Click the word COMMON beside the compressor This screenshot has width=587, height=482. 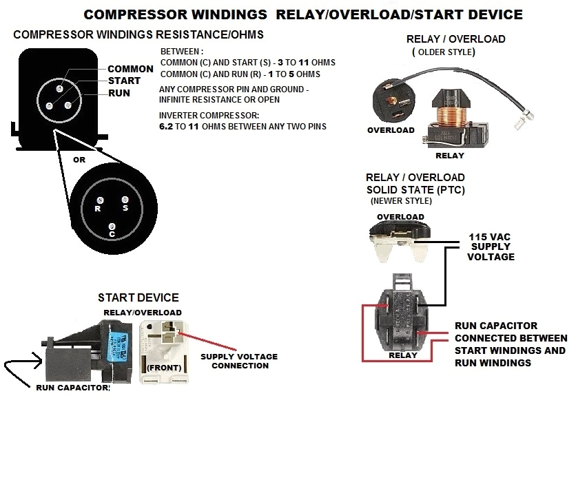pos(130,69)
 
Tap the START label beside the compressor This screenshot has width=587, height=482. pos(124,81)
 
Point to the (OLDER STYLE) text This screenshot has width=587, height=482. pos(444,52)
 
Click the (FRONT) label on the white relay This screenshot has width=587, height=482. pos(163,367)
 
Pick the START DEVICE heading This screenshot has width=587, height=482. pos(138,297)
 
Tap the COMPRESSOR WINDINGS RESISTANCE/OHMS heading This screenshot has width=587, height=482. pos(138,34)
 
